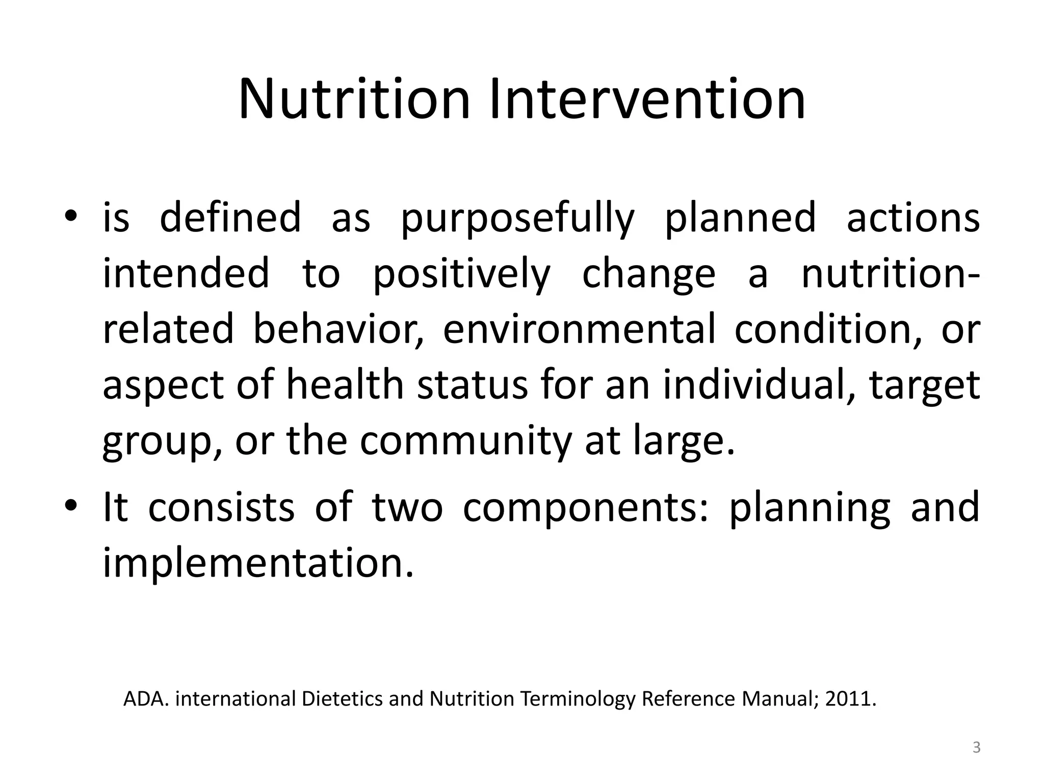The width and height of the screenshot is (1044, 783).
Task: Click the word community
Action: coord(466,441)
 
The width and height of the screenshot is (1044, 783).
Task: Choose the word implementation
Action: coord(258,564)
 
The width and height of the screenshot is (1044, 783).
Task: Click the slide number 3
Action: coord(976,748)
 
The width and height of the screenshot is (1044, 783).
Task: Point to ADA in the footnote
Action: coord(146,699)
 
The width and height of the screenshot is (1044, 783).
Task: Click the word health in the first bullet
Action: coord(345,385)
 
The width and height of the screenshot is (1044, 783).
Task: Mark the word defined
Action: coord(230,218)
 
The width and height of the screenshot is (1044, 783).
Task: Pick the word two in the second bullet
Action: coord(407,508)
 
